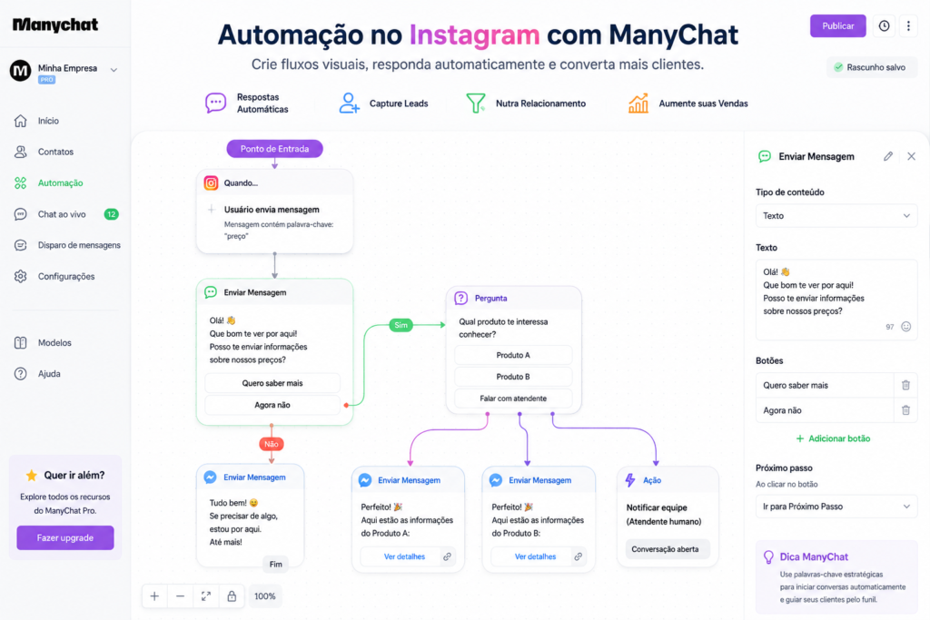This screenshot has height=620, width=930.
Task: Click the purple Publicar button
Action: coord(837,26)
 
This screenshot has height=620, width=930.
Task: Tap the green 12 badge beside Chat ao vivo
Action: coord(111,214)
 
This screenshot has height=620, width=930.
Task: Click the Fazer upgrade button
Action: coord(65,537)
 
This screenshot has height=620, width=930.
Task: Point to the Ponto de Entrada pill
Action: coord(274,149)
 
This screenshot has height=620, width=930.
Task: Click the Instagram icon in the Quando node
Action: coord(211,183)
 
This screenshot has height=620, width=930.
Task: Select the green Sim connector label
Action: coord(401,325)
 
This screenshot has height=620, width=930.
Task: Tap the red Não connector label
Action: coord(271,444)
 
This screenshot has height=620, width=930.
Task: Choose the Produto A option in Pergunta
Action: coord(513,355)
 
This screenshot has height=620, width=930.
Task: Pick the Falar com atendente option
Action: coord(513,399)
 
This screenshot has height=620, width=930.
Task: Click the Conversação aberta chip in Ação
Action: coord(665,549)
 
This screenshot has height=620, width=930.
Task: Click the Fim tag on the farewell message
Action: coord(276,565)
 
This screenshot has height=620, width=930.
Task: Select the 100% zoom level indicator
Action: coord(264,596)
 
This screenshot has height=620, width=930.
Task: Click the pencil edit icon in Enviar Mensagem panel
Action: coord(888,156)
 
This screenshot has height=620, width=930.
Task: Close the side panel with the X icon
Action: coord(911,156)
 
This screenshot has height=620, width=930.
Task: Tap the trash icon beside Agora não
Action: coord(905,410)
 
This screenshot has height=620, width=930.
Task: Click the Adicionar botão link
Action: coord(833,438)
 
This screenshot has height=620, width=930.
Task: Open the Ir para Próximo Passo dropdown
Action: coord(836,507)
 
